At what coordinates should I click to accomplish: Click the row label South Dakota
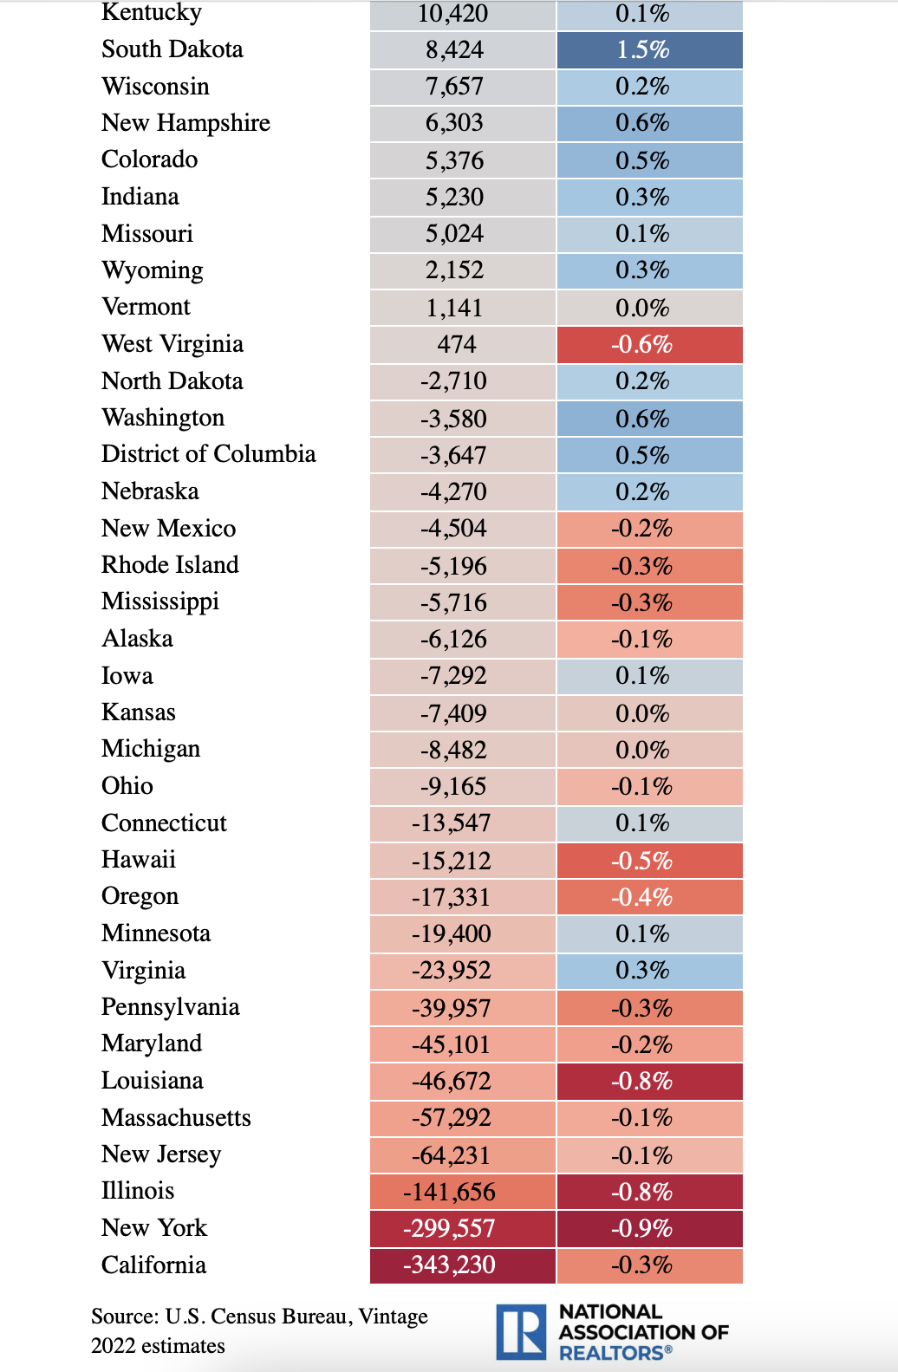pos(172,49)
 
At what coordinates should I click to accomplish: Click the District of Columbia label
pos(208,454)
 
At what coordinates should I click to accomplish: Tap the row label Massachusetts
pos(176,1118)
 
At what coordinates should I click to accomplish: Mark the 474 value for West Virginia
pos(457,345)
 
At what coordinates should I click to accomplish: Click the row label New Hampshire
pos(185,123)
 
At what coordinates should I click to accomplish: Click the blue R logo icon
pos(521,1332)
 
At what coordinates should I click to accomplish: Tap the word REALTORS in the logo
pos(615,1353)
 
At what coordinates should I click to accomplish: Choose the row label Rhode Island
pos(170,565)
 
